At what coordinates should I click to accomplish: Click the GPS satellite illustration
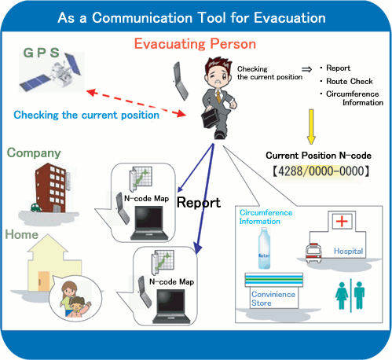click(51, 72)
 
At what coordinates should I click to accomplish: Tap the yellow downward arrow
click(311, 127)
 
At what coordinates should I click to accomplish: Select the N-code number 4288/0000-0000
click(321, 171)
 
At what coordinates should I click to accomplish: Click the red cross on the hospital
click(342, 222)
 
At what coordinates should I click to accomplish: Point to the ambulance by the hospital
click(313, 253)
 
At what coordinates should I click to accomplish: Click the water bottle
click(264, 248)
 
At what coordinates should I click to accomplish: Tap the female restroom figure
click(342, 296)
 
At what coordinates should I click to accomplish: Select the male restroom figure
click(359, 296)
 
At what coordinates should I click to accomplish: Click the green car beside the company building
click(36, 208)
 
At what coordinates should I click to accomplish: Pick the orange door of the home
click(43, 281)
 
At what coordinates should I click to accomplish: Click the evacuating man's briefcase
click(210, 118)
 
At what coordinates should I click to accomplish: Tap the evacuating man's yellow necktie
click(218, 97)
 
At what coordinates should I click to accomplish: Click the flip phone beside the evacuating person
click(181, 81)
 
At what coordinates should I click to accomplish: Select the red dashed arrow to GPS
click(136, 104)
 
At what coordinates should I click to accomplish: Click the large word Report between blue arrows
click(199, 203)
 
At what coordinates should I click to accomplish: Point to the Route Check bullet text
click(350, 81)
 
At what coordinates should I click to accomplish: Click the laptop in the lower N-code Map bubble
click(171, 307)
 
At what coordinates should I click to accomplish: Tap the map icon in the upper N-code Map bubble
click(141, 178)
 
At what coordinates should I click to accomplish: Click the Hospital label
click(348, 251)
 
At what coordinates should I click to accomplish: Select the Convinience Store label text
click(273, 299)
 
